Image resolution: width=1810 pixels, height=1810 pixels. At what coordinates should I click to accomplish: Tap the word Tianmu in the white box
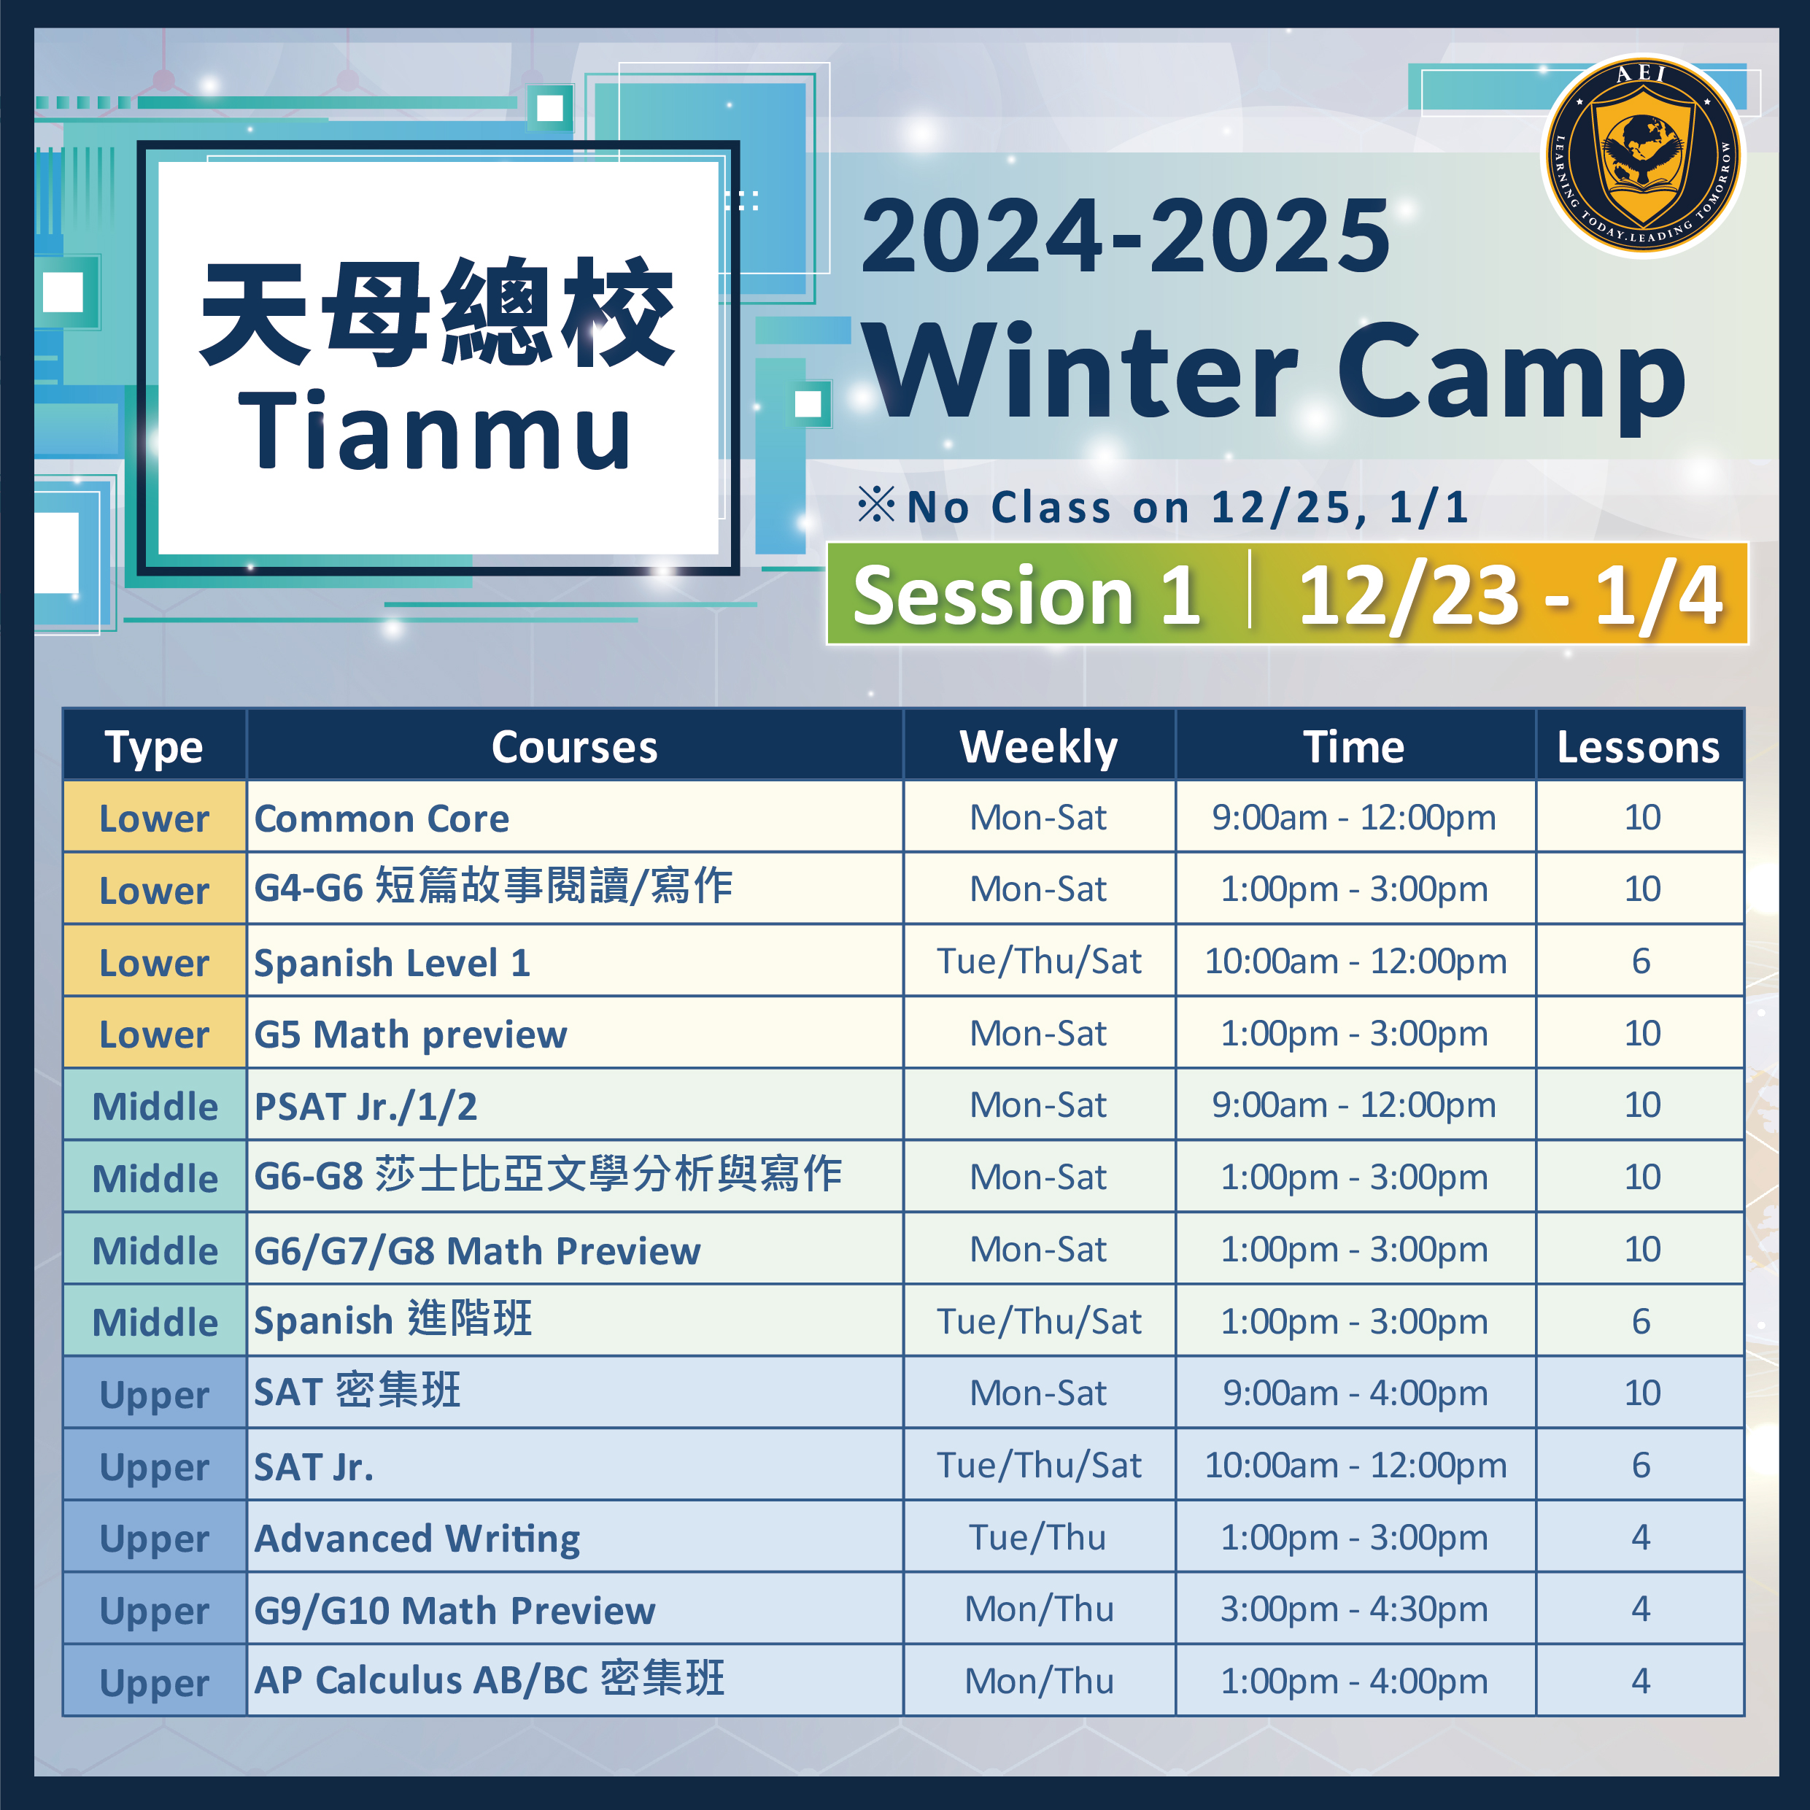pos(435,431)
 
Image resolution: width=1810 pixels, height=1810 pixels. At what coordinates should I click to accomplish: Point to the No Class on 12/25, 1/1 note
pos(1164,507)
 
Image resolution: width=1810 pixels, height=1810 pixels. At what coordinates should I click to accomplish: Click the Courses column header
pos(574,746)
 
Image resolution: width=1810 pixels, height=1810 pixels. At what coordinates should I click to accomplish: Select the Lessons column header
pos(1639,746)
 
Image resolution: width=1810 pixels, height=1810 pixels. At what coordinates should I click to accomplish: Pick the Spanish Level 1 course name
pos(392,962)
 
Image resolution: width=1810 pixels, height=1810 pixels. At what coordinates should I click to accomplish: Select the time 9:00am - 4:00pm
pos(1355,1393)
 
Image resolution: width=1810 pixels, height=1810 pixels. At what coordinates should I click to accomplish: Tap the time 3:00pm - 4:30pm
pos(1354,1609)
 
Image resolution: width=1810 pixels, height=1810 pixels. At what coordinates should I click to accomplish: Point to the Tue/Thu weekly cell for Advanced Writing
pos(1038,1537)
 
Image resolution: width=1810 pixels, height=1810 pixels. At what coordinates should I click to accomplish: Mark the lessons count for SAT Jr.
pos(1641,1465)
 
